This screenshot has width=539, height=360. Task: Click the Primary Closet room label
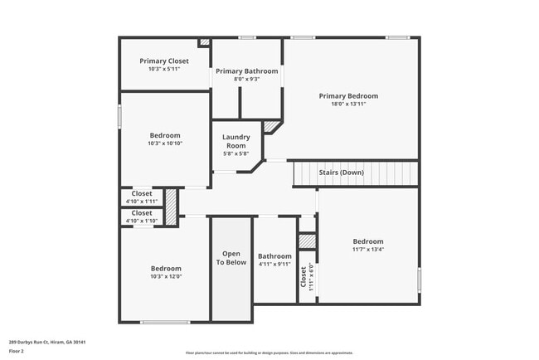point(164,61)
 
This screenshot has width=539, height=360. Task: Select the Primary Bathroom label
point(247,71)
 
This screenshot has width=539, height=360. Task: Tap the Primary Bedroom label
point(348,96)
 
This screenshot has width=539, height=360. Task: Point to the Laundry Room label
point(236,142)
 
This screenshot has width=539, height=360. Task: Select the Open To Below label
point(231,257)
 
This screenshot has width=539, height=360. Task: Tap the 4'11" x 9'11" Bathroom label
point(274,256)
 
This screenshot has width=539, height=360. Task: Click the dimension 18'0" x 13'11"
point(348,105)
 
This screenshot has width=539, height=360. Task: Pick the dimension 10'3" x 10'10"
point(164,144)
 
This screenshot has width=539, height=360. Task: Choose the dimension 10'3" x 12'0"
point(166,276)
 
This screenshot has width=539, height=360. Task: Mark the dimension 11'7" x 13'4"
point(368,250)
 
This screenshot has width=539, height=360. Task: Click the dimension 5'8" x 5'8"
point(236,153)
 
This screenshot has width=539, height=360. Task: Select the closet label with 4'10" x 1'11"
point(141,193)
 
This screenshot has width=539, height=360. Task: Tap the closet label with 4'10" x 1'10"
point(141,213)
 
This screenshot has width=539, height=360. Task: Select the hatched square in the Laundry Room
point(272,127)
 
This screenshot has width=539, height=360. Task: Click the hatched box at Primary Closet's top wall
point(204,41)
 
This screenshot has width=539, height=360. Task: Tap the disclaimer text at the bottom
point(269,353)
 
